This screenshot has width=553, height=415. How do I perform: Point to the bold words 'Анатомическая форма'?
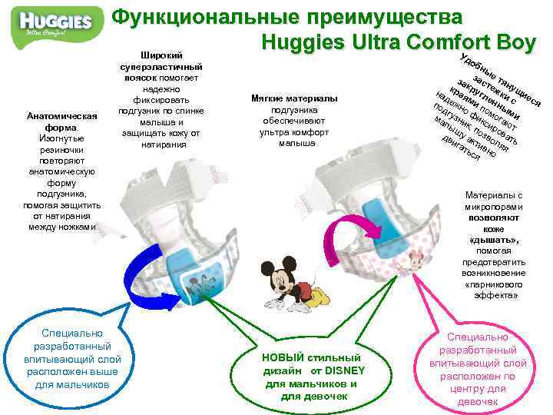pyautogui.click(x=61, y=121)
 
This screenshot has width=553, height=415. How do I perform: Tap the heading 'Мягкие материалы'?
pyautogui.click(x=294, y=99)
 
